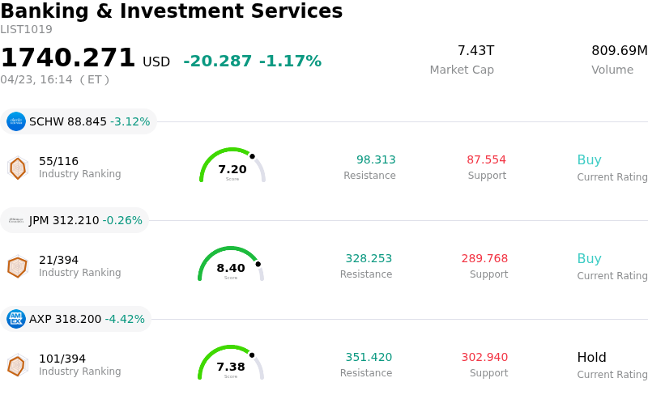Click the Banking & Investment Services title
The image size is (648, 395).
171,12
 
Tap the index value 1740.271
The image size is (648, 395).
68,58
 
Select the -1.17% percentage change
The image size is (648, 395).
290,62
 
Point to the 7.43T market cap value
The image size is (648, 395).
475,51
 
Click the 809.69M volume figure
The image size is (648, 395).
619,51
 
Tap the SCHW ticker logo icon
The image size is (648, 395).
16,121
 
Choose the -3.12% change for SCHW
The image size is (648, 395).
130,122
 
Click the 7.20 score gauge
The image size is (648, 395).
232,167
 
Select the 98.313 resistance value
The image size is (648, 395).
376,160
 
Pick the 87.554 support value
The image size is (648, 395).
486,160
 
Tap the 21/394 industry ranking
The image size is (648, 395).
58,260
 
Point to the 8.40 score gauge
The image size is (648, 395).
231,265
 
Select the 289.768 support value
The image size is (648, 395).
484,259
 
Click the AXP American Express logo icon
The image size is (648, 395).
16,319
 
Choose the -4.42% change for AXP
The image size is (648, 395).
125,320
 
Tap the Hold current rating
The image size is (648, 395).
591,358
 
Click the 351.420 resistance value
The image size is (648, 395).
369,358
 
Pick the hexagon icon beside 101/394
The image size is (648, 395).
17,365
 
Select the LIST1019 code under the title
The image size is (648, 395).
26,30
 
